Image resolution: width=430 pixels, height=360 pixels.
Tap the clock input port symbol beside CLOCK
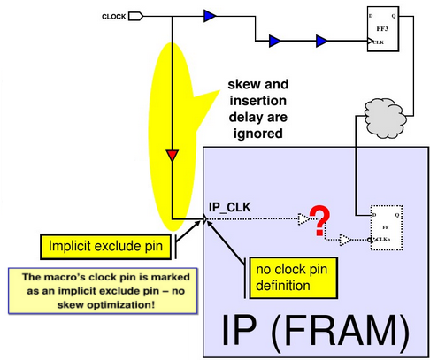(136, 16)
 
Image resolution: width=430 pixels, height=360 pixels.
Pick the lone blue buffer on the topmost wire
(210, 15)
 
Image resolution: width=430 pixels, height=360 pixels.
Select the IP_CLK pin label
(230, 207)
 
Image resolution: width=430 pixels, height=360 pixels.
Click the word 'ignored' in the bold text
(256, 135)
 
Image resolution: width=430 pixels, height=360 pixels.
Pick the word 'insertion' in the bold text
(257, 102)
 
